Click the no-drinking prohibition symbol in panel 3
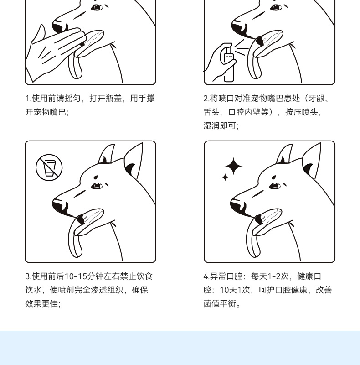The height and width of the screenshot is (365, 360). point(49,167)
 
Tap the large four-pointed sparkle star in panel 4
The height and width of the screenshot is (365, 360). point(233,166)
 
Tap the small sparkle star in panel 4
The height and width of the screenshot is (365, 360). point(225,177)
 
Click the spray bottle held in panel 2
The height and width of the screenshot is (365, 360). point(228,63)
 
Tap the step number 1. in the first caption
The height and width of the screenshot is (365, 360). point(28,99)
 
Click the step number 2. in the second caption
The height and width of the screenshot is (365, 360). point(207,99)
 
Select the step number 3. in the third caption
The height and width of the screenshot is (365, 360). point(28,276)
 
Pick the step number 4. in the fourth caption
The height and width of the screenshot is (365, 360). point(207,276)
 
